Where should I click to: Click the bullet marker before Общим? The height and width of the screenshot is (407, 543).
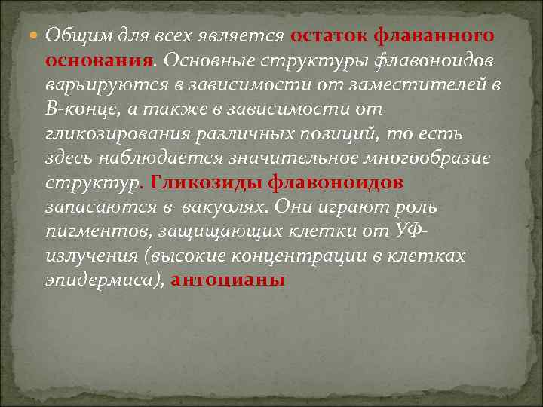coord(35,36)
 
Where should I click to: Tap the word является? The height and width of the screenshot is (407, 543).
coord(249,35)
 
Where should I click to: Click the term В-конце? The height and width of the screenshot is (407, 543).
coord(75,109)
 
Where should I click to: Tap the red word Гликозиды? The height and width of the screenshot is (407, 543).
coord(204,182)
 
